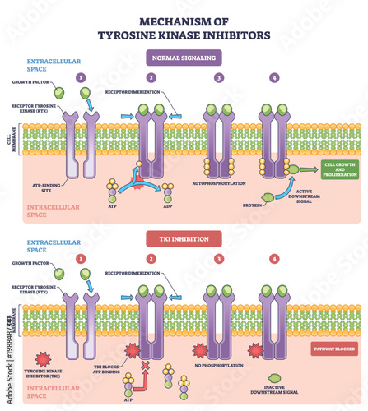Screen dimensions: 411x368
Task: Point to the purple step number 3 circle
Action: [218, 78]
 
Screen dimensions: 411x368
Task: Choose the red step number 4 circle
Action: [273, 259]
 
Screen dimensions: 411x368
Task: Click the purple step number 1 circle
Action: [81, 78]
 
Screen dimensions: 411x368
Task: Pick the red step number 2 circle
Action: [151, 259]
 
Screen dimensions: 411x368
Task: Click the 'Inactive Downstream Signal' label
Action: [275, 395]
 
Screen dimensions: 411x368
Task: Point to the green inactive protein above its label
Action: [275, 379]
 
